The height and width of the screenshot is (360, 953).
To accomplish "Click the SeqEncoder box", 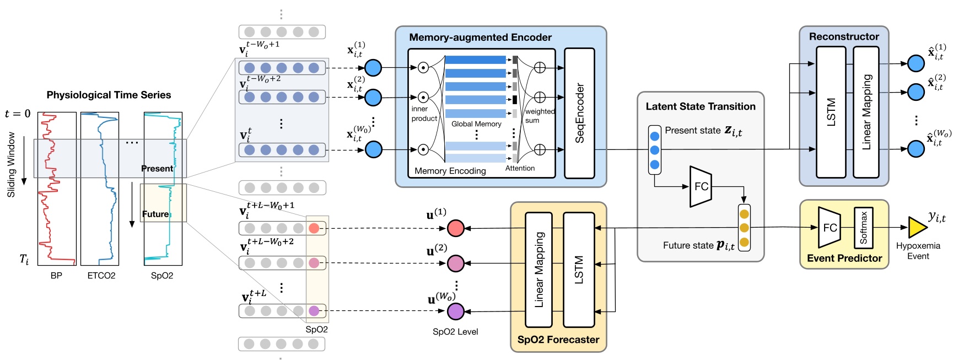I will click(x=579, y=113).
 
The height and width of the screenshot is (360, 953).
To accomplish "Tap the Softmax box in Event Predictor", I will click(x=863, y=227).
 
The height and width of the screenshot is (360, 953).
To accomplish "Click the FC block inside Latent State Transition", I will click(x=701, y=186).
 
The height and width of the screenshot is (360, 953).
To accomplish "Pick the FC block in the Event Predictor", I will click(x=829, y=227).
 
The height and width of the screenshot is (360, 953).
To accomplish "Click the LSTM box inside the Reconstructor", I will click(x=831, y=112).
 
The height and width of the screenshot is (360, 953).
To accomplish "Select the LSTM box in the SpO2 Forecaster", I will click(x=579, y=270).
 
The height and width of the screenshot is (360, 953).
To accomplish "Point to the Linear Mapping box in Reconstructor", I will click(x=866, y=112).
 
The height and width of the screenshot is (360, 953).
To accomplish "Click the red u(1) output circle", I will click(x=455, y=228).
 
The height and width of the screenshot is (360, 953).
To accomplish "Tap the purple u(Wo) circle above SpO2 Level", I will click(x=455, y=311).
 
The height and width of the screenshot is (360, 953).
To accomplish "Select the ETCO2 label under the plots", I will click(x=101, y=276).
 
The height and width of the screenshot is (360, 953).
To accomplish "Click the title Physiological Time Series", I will click(x=109, y=95).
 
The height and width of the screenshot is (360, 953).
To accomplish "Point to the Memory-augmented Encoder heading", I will click(x=480, y=37).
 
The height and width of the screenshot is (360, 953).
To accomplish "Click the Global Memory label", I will click(x=476, y=124).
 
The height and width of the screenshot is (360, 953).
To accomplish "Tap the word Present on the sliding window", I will click(x=157, y=169).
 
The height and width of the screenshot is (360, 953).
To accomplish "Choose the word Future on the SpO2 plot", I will click(x=155, y=214).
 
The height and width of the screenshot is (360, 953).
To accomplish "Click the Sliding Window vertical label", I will click(x=11, y=164).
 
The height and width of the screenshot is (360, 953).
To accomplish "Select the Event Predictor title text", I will click(x=844, y=258).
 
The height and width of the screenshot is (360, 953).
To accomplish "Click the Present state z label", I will click(x=703, y=131).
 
